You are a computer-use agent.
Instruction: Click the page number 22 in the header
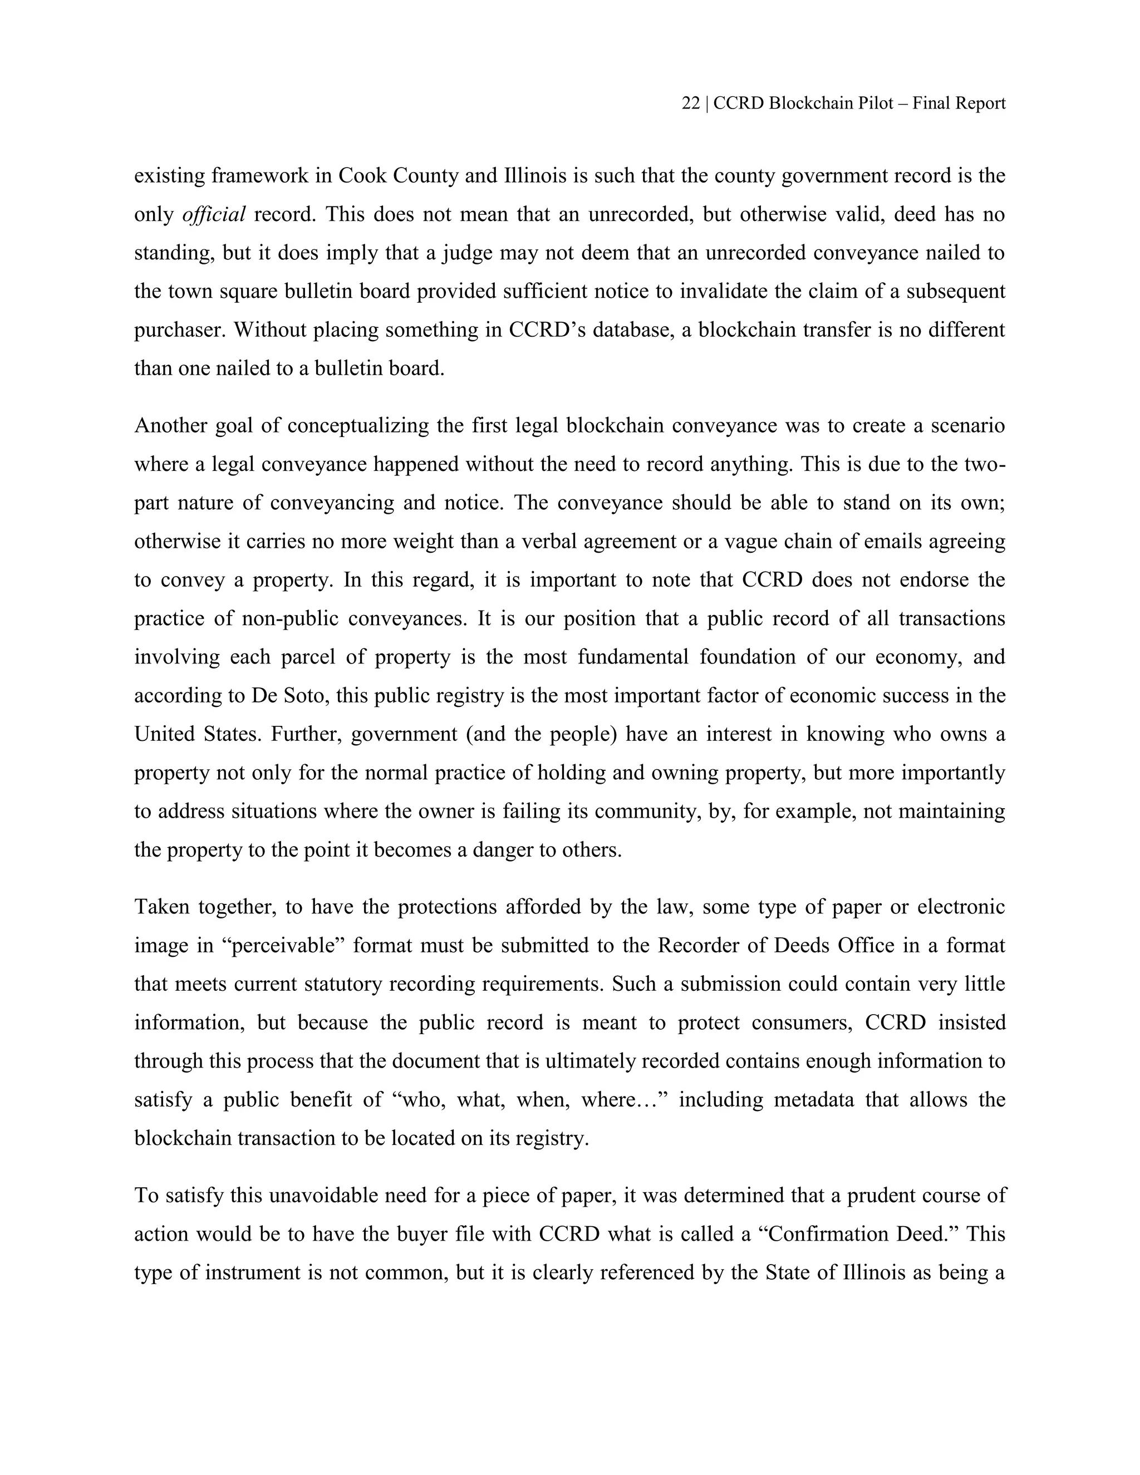(690, 104)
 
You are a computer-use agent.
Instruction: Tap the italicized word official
(214, 215)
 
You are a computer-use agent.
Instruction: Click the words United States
(196, 734)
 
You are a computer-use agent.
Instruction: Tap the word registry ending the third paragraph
(550, 1139)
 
